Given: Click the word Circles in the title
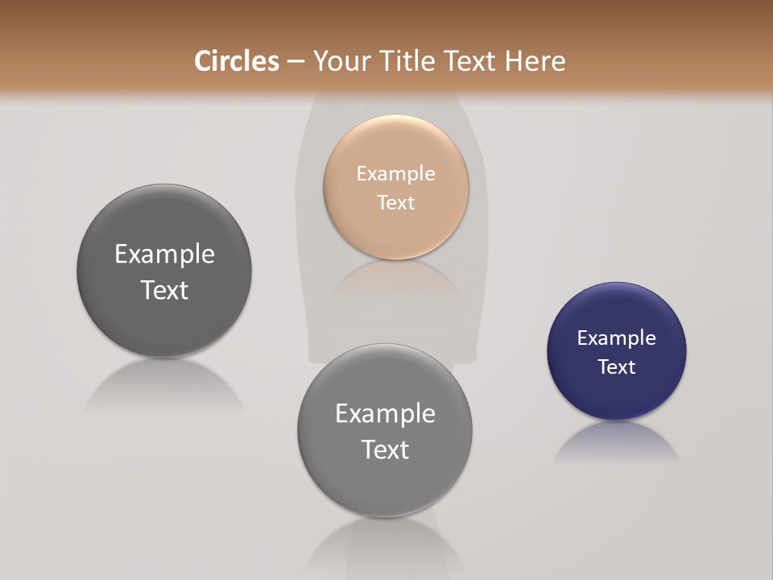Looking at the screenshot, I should coord(236,61).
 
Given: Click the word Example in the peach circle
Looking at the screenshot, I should coord(395,173).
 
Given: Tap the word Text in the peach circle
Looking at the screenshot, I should coord(395,202).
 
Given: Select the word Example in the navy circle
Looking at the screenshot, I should coord(616,338).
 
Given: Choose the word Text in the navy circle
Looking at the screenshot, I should coord(616,367).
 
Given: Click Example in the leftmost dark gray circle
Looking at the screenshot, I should coord(164,255).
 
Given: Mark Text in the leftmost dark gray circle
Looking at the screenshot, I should coord(164,290).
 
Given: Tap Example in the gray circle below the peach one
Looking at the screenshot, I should coord(385,413).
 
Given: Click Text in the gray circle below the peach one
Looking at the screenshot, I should coord(385,449).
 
